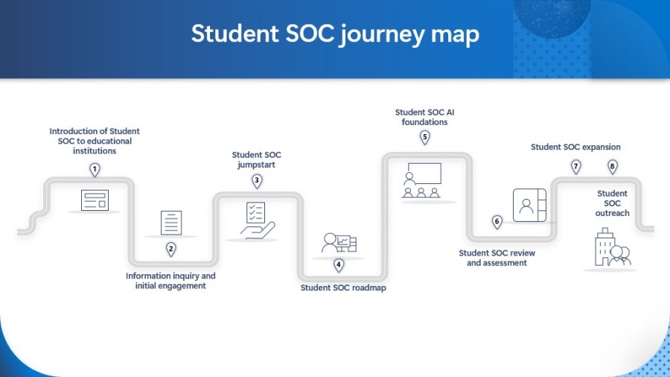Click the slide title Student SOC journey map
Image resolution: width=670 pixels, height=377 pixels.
click(x=335, y=34)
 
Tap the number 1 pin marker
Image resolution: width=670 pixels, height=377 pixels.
click(x=95, y=170)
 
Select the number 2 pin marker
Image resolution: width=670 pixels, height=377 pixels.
click(x=170, y=249)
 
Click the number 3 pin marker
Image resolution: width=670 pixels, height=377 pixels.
click(x=257, y=180)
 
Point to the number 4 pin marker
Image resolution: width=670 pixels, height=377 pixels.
click(x=339, y=264)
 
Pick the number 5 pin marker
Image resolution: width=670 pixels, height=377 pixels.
click(x=425, y=137)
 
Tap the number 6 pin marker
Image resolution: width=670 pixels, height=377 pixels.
click(x=497, y=221)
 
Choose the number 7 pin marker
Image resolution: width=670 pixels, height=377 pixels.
click(x=575, y=166)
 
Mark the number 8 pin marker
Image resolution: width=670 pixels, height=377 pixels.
click(x=613, y=166)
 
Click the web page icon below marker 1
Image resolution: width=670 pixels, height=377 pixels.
click(x=95, y=200)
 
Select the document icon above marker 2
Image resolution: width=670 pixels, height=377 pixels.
click(x=171, y=223)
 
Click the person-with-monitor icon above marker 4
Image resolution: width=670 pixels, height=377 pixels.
click(x=339, y=243)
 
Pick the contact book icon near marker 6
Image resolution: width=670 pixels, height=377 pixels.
click(x=529, y=205)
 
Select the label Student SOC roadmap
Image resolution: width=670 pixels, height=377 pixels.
click(x=343, y=287)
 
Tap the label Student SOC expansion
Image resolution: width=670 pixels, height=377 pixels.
click(x=575, y=147)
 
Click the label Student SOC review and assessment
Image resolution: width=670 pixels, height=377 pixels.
click(x=497, y=258)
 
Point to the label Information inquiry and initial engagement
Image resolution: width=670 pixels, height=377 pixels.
click(x=170, y=281)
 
